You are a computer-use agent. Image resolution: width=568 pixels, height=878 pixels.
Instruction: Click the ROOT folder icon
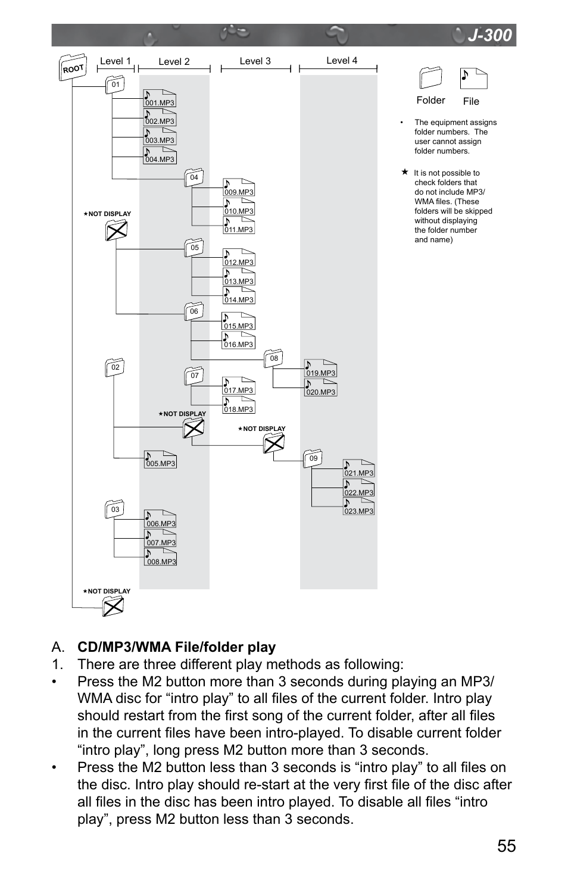[x=73, y=67]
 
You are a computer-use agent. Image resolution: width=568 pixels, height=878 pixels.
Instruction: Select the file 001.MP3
[x=160, y=98]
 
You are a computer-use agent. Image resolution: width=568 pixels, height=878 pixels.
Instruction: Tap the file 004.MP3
[x=160, y=155]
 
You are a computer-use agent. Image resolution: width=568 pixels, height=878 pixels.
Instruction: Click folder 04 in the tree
[x=194, y=177]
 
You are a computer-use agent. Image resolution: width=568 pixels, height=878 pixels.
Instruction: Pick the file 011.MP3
[x=239, y=225]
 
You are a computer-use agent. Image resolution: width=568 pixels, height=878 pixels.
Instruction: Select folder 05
[x=194, y=248]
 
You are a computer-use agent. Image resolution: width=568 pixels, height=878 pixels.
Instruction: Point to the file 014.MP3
[x=239, y=295]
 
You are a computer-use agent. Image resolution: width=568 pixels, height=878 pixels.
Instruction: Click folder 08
[x=274, y=358]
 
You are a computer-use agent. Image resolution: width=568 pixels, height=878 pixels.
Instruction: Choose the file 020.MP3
[x=321, y=388]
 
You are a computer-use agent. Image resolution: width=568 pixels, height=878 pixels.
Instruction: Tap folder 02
[x=115, y=367]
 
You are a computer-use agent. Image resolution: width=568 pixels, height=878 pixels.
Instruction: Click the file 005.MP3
[x=160, y=460]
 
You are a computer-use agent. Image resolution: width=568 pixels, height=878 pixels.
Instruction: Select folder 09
[x=313, y=458]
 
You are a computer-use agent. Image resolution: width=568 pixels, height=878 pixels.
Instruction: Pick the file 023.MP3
[x=358, y=507]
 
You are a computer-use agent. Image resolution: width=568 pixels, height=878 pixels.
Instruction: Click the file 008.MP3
[x=160, y=557]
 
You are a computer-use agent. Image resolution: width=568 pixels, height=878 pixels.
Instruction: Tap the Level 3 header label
[x=255, y=61]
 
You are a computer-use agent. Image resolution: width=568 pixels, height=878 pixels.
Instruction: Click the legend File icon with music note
[x=473, y=79]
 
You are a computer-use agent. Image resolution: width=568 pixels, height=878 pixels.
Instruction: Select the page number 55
[x=507, y=846]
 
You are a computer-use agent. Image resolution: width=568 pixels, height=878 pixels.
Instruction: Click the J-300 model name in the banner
[x=490, y=35]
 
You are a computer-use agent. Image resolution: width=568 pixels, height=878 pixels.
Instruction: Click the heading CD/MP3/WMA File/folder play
[x=177, y=647]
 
